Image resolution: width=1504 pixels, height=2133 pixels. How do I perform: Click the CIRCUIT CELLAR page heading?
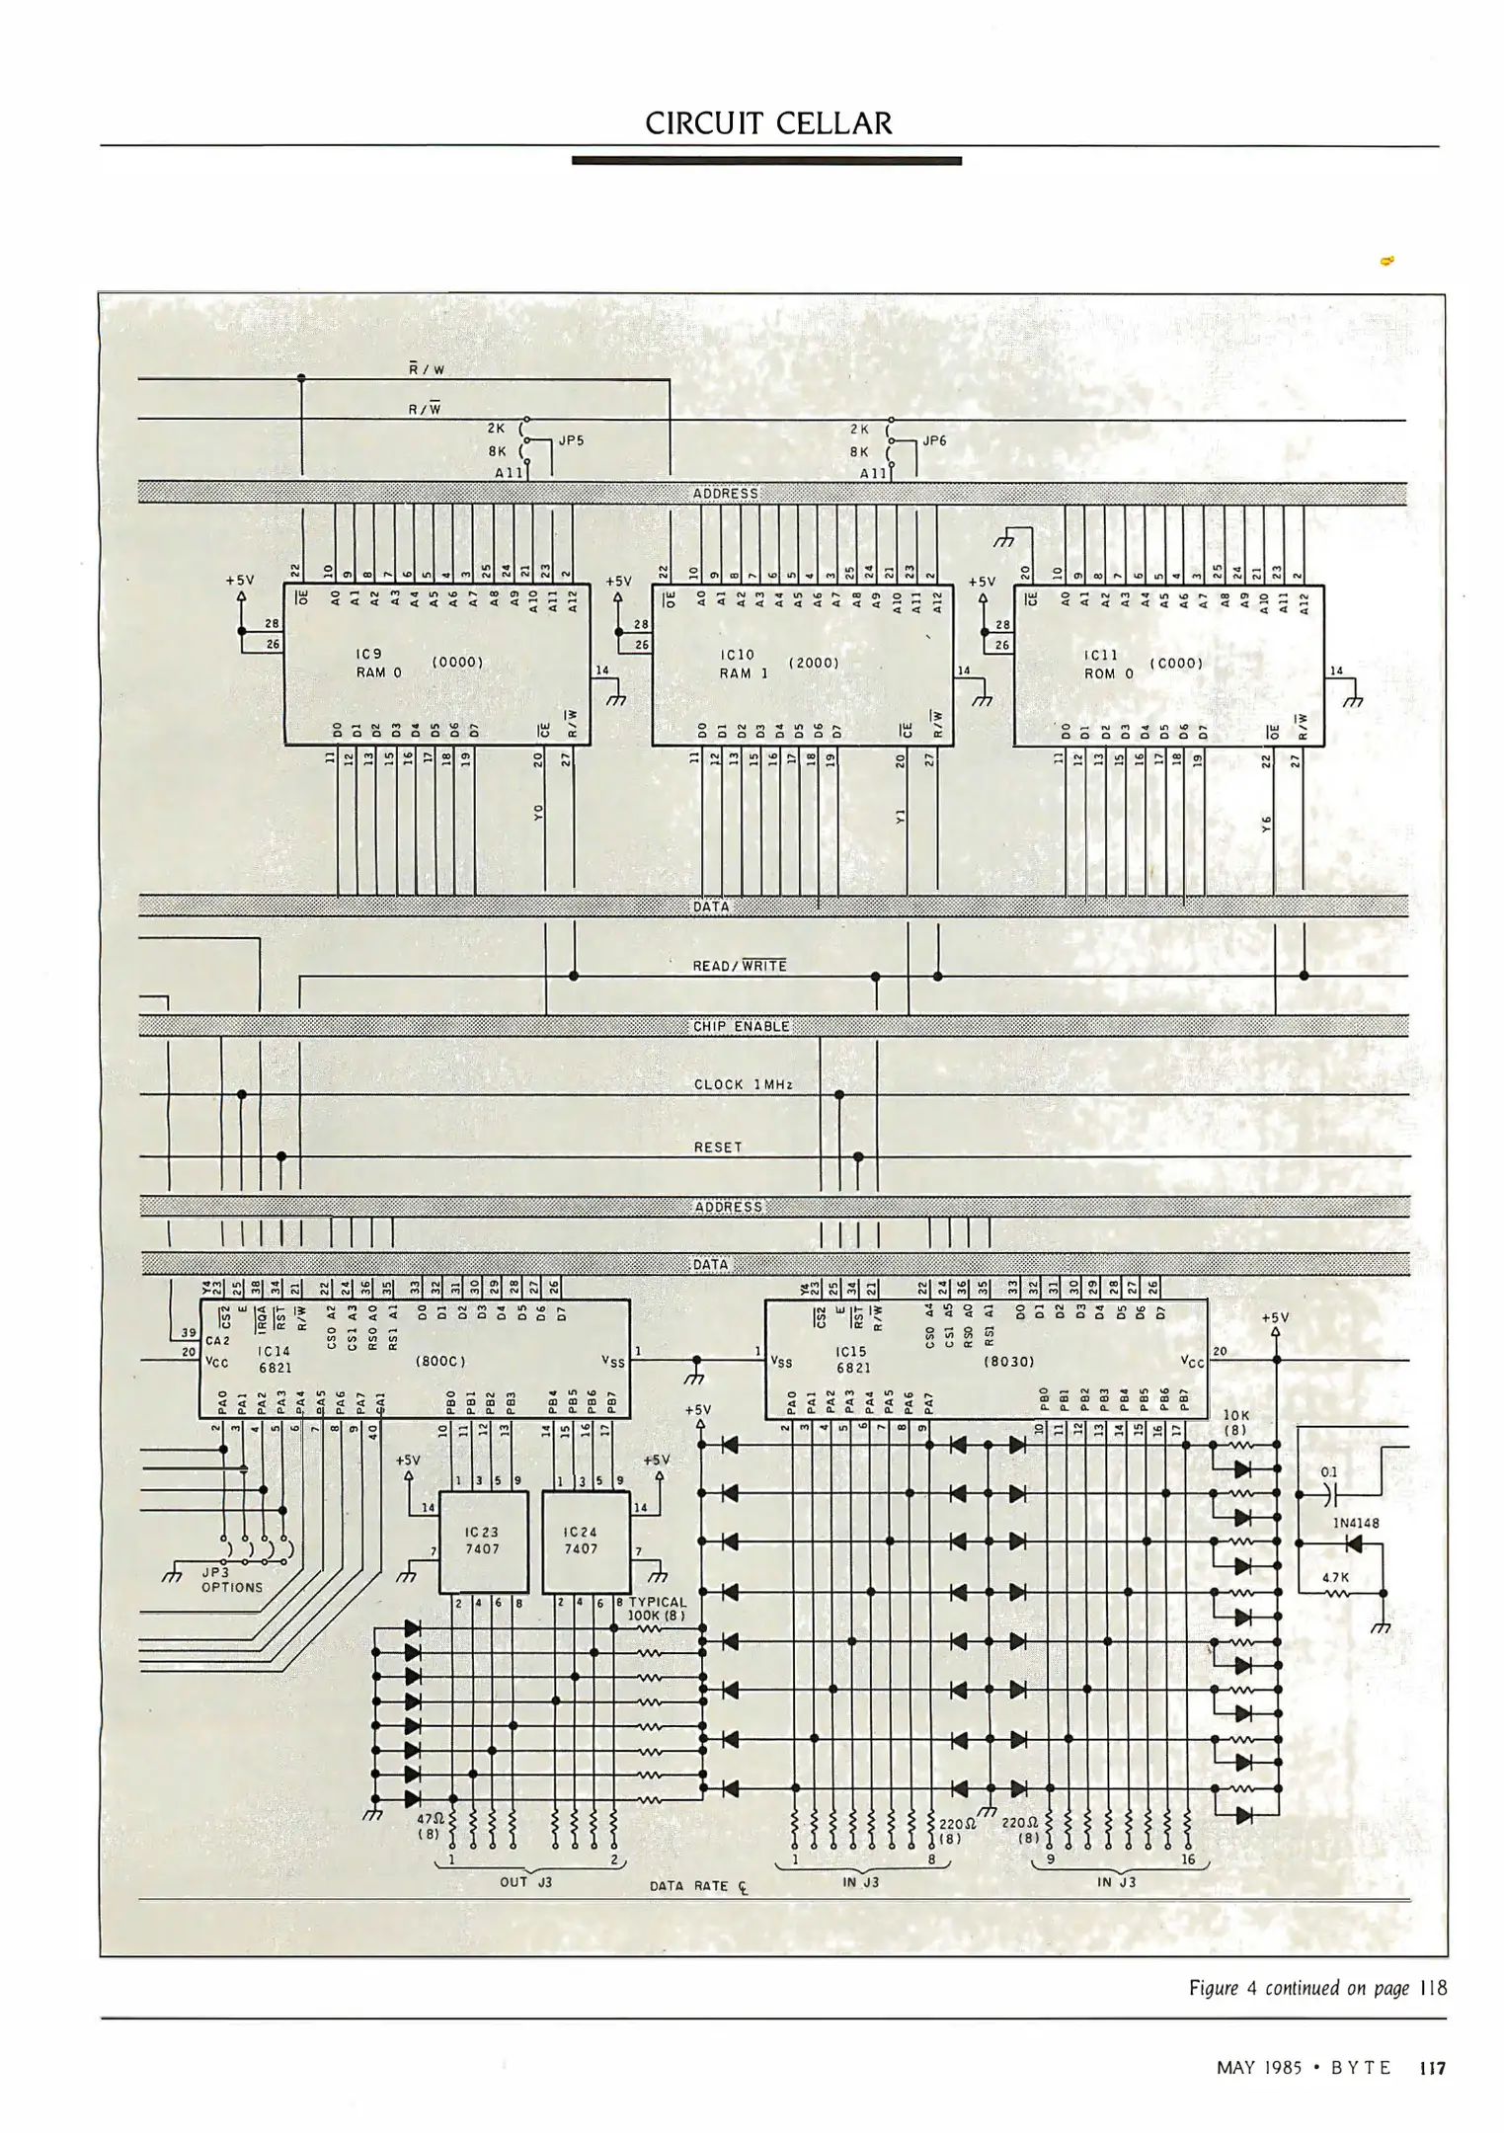767,123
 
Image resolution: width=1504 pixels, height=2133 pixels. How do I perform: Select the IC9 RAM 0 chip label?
378,664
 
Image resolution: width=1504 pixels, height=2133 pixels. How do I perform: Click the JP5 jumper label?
572,440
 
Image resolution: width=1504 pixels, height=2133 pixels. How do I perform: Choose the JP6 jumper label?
934,440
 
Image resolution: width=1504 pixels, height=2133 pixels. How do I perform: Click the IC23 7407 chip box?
483,1541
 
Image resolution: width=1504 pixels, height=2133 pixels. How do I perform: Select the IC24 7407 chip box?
586,1541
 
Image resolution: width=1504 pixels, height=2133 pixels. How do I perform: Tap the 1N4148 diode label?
1356,1523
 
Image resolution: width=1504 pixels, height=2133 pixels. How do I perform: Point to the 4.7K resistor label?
1335,1577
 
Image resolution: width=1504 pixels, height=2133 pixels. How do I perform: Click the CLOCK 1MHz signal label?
743,1084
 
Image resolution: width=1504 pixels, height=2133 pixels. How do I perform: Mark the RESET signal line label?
718,1147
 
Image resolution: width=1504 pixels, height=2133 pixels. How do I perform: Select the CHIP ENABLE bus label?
741,1026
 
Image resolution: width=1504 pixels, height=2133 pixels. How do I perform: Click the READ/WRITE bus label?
740,966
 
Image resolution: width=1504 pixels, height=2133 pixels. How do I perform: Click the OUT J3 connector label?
525,1882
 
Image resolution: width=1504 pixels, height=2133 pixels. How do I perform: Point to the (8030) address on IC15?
1008,1361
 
